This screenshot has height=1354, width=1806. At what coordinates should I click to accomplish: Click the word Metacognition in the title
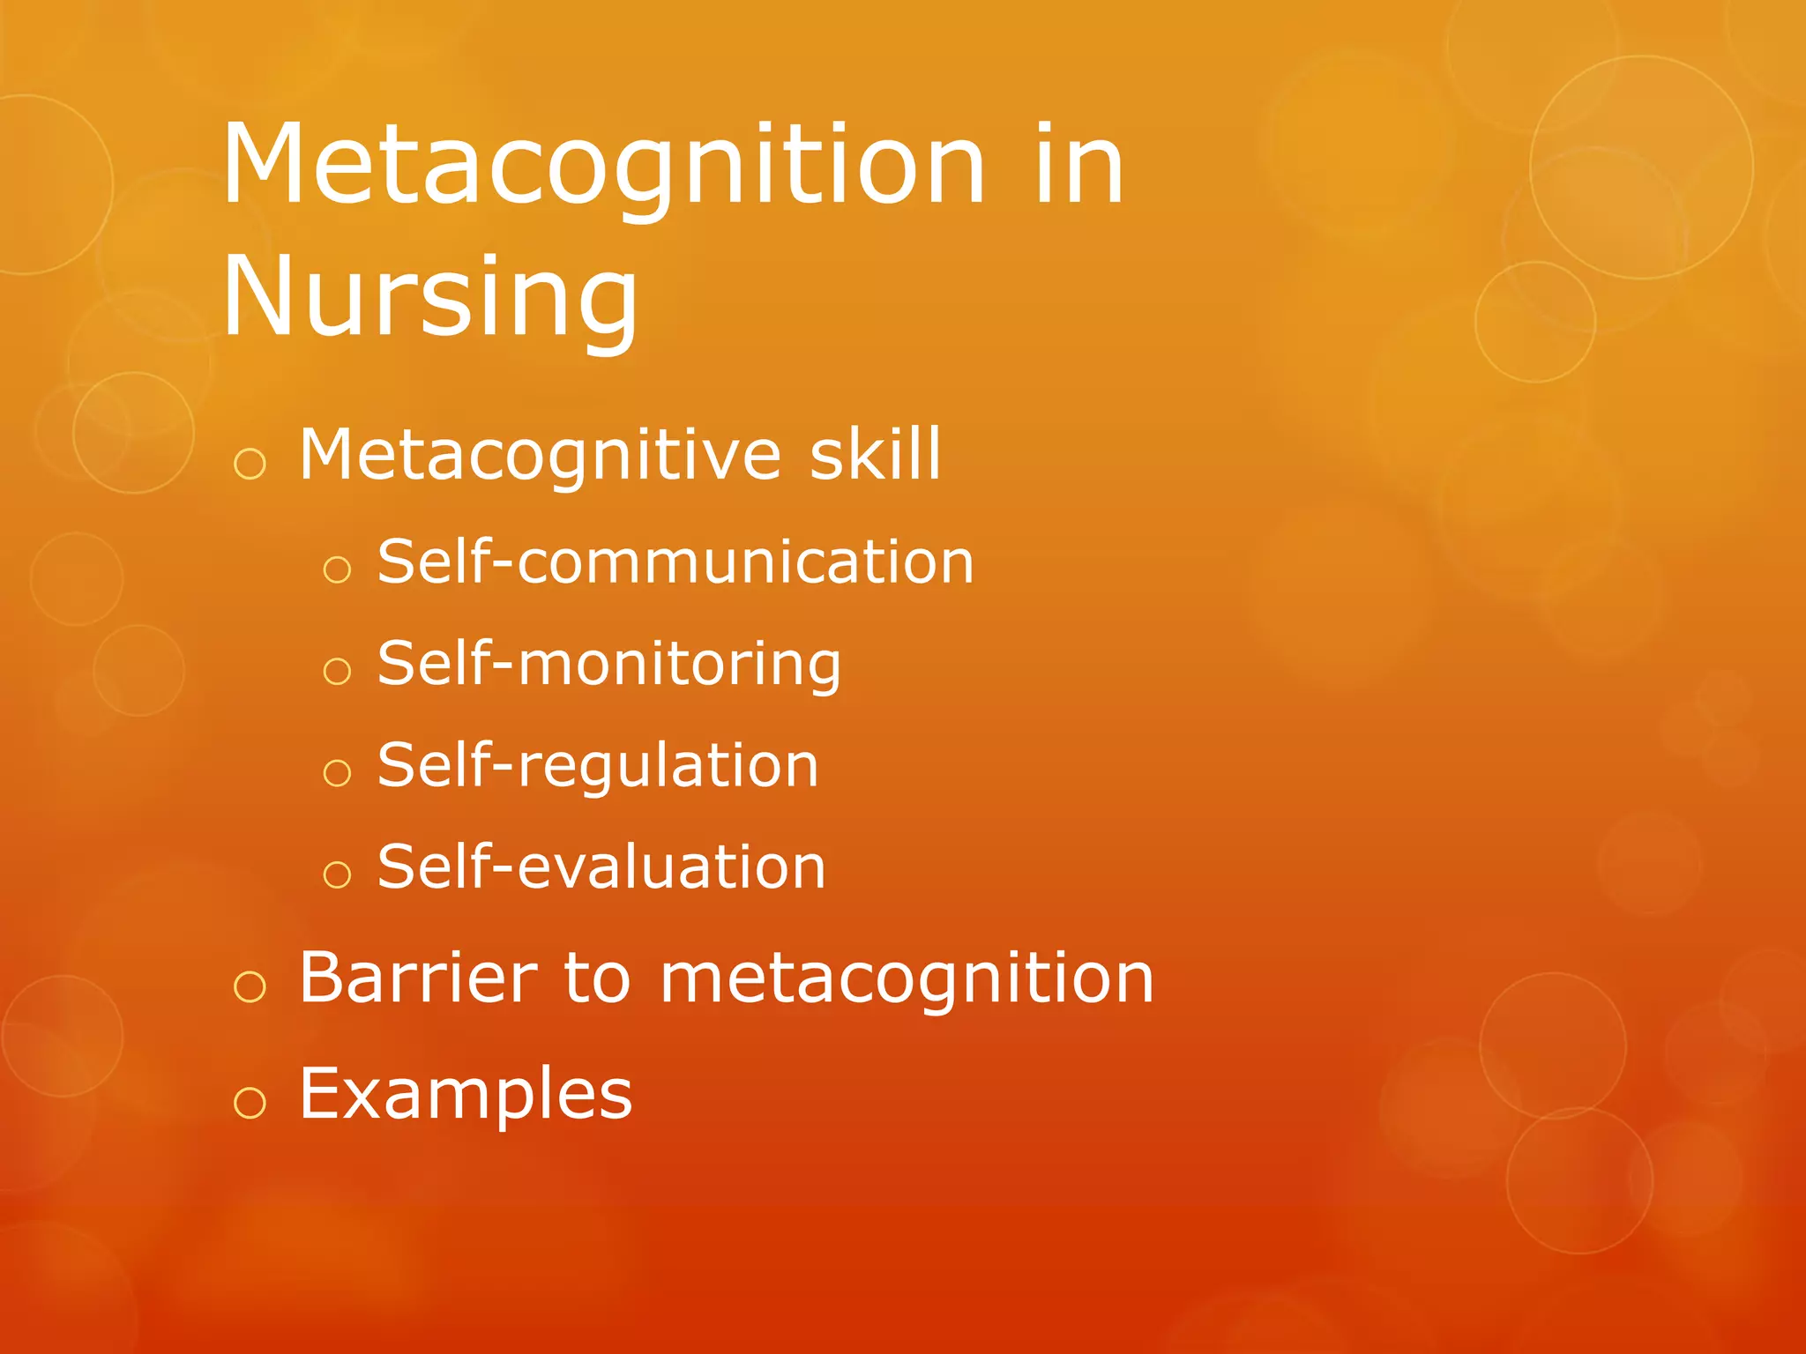(x=603, y=167)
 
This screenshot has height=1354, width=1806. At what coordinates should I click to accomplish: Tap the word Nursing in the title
(x=429, y=298)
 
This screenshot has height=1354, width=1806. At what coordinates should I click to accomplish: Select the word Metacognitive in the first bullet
(x=540, y=455)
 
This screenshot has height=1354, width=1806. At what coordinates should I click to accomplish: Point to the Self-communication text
(x=675, y=562)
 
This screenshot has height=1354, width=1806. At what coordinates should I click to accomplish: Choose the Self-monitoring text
(x=608, y=664)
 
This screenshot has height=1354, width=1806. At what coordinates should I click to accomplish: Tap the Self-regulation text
(x=598, y=765)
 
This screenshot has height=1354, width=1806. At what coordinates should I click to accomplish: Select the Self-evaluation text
(x=601, y=867)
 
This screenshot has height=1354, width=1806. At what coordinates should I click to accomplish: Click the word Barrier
(x=419, y=978)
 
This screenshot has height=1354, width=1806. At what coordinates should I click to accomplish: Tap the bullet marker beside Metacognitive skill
(x=250, y=464)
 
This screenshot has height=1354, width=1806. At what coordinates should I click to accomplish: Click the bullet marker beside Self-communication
(x=337, y=569)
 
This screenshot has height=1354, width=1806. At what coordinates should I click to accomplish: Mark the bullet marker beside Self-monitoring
(x=337, y=672)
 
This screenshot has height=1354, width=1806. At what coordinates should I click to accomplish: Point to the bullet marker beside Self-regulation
(x=337, y=773)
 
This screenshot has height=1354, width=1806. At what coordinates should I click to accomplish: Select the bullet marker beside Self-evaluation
(x=337, y=874)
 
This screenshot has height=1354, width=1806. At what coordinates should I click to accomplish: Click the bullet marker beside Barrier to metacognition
(x=250, y=986)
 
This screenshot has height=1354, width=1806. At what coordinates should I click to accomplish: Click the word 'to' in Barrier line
(x=597, y=979)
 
